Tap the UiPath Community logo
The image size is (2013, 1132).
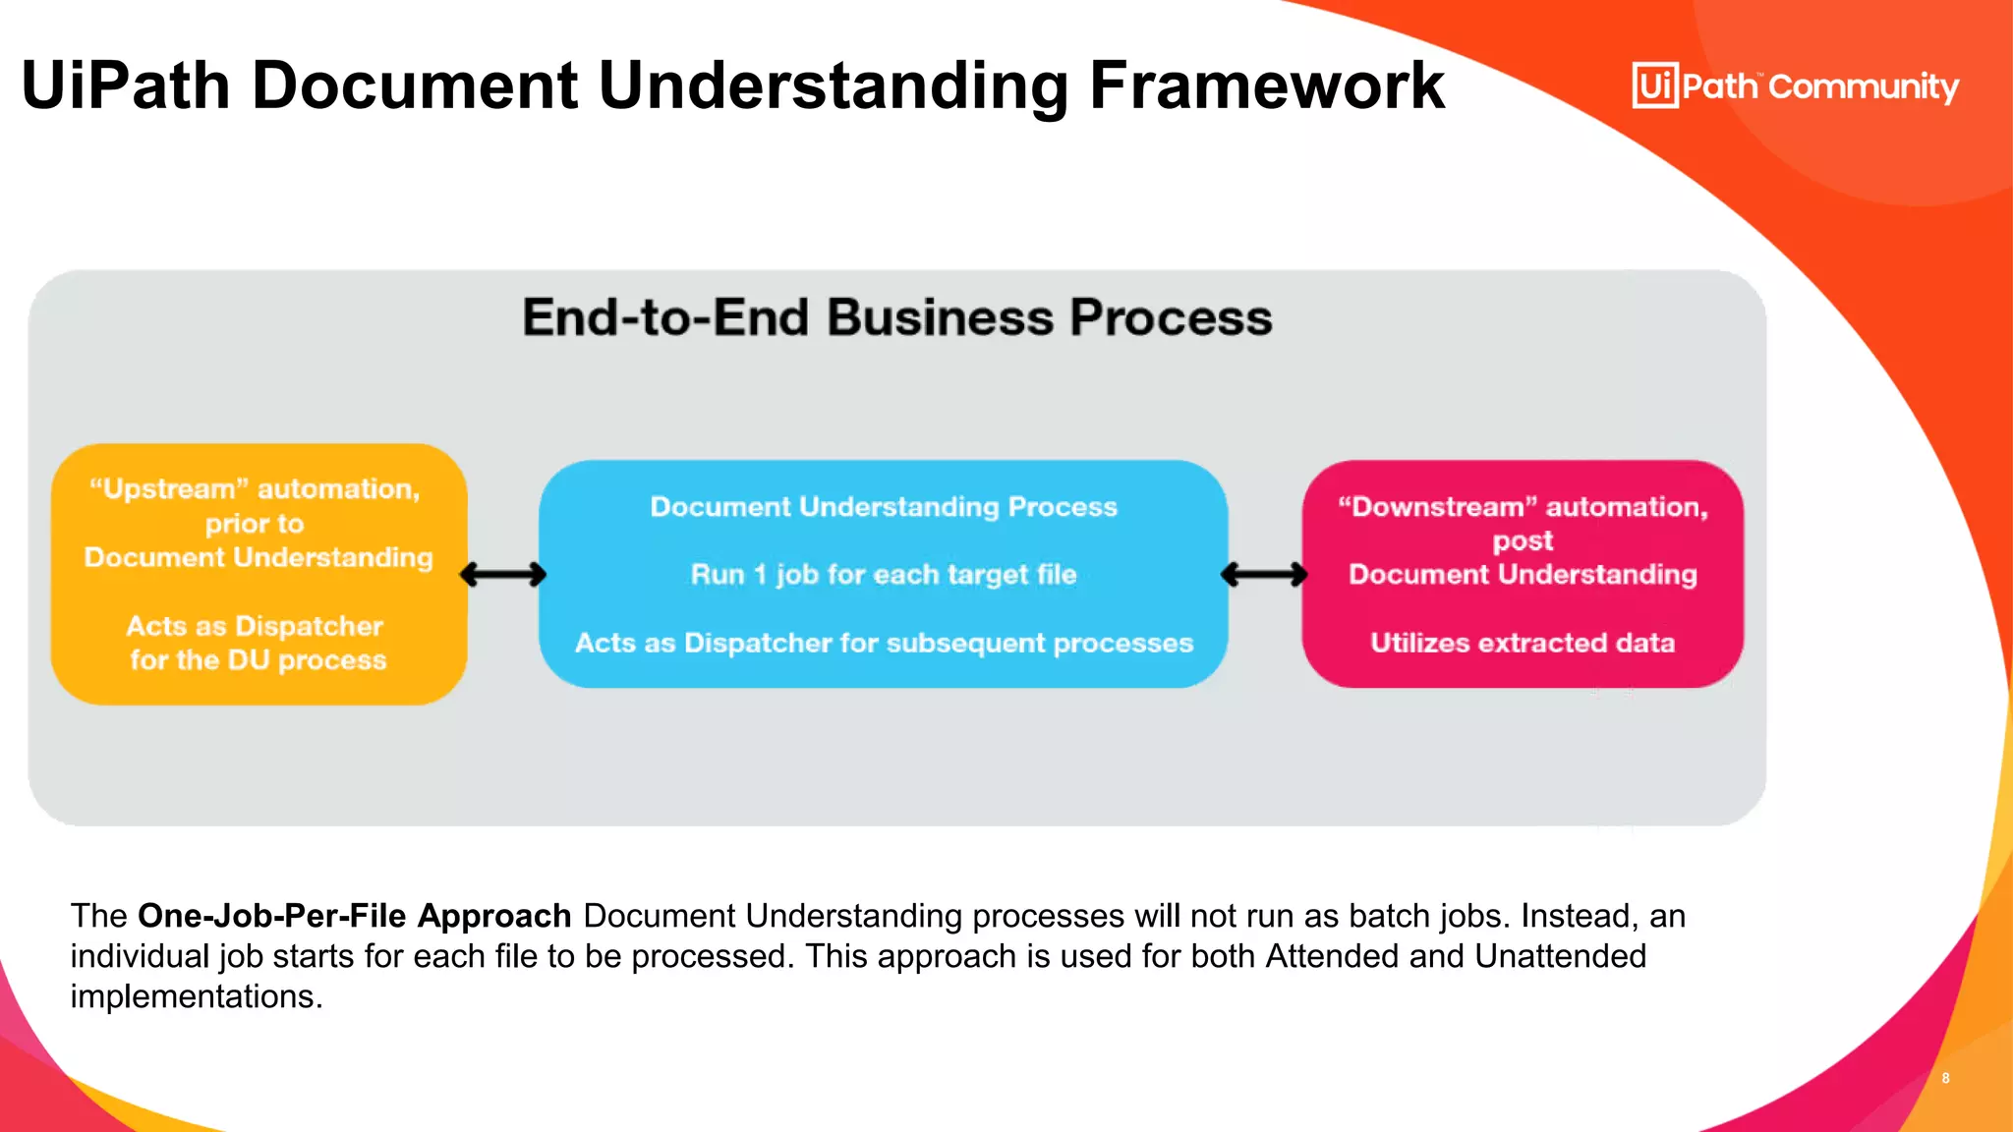click(x=1795, y=86)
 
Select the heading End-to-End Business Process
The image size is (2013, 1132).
click(x=896, y=318)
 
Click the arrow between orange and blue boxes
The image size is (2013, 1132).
click(x=503, y=575)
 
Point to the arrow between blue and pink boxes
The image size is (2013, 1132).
click(x=1264, y=575)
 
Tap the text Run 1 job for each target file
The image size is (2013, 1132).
click(x=883, y=575)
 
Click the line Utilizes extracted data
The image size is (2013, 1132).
click(x=1522, y=643)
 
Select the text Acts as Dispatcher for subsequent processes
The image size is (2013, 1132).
click(x=883, y=643)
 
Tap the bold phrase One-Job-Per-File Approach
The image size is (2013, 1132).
click(x=354, y=916)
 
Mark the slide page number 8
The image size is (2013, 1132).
click(x=1945, y=1078)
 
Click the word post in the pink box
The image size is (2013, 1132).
click(x=1522, y=541)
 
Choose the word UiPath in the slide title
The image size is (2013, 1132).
click(x=126, y=86)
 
